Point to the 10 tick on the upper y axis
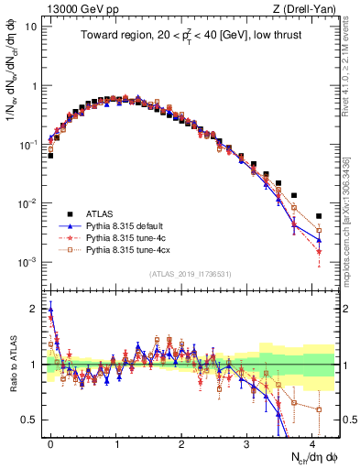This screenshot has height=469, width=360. (x=30, y=27)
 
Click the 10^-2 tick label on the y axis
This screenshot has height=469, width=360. (x=27, y=203)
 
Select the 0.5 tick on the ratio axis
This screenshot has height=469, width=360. (x=30, y=420)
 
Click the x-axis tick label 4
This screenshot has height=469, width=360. (x=312, y=442)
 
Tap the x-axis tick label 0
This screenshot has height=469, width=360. (x=50, y=442)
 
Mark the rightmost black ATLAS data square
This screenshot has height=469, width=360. (x=319, y=216)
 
